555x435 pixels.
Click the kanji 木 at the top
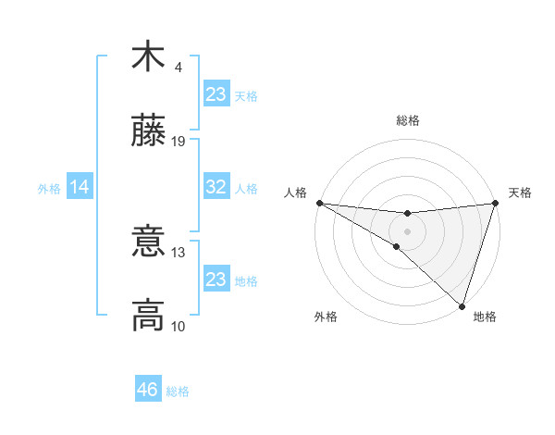(x=148, y=57)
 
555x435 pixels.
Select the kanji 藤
(x=148, y=130)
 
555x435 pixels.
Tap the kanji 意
(x=148, y=242)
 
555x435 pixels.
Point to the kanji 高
(x=148, y=316)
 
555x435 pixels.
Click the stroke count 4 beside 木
(x=179, y=68)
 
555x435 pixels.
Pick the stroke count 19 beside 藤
(x=179, y=142)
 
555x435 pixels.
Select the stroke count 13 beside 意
(x=179, y=253)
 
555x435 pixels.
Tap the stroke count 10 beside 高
(x=179, y=327)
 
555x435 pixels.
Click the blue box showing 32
(x=216, y=187)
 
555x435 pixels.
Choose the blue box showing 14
(x=80, y=187)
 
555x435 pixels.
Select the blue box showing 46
(x=147, y=390)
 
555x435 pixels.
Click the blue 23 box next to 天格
(x=216, y=94)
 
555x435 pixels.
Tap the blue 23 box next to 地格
(x=216, y=280)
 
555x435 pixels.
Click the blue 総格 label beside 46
(x=178, y=391)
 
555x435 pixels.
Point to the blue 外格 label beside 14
(x=49, y=189)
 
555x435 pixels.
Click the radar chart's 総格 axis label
(x=407, y=120)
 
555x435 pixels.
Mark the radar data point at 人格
(x=319, y=203)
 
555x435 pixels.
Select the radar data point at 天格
(x=495, y=203)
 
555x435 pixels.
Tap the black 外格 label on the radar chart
(x=326, y=317)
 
